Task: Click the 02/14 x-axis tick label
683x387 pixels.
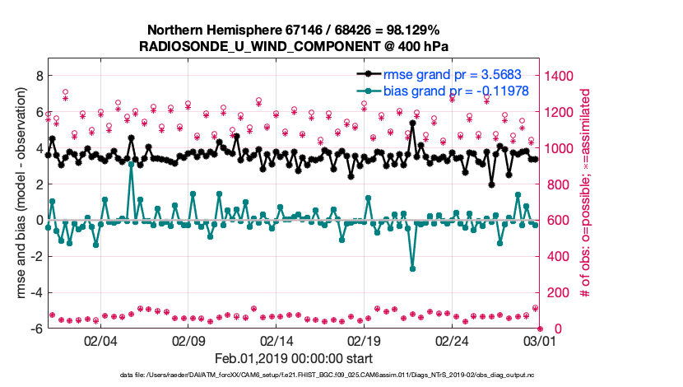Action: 276,340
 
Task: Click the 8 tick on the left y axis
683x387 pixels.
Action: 38,75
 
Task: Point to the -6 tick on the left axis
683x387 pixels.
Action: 35,329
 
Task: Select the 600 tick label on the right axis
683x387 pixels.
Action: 560,220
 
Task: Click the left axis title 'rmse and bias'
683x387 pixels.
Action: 18,202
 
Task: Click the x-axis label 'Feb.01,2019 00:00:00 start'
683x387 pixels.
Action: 294,358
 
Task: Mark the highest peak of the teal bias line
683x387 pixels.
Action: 131,165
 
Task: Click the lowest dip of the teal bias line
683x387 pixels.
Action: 412,268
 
